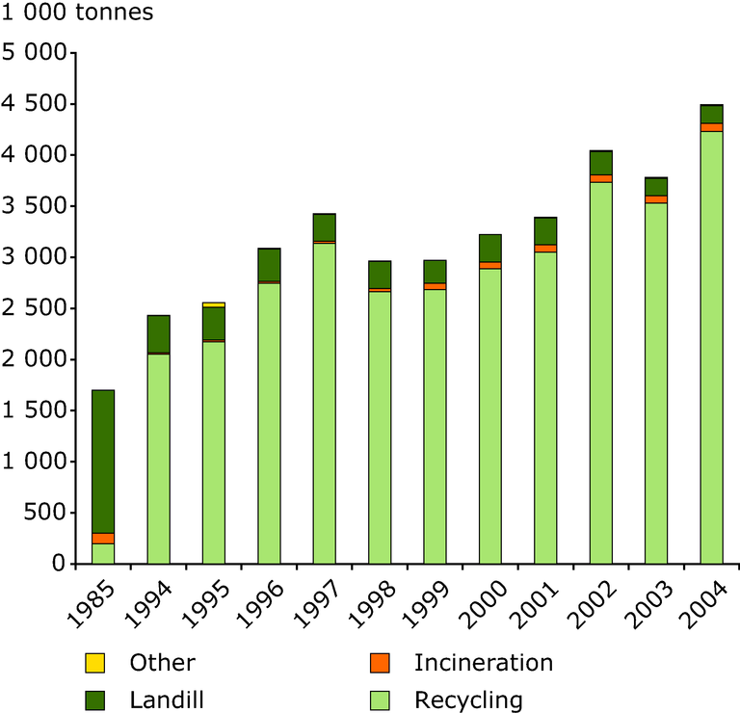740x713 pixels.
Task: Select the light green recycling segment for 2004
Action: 711,347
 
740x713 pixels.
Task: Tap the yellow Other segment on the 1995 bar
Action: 214,304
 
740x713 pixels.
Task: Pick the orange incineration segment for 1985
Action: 103,538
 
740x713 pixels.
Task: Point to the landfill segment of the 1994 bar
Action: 158,333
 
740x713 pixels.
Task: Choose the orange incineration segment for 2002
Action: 601,178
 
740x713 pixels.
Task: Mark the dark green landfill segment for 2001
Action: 545,231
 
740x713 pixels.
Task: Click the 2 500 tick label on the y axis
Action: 39,308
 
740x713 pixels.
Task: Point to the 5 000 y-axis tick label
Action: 39,53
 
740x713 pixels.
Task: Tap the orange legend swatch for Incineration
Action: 380,663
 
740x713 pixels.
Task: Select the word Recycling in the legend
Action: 468,700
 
